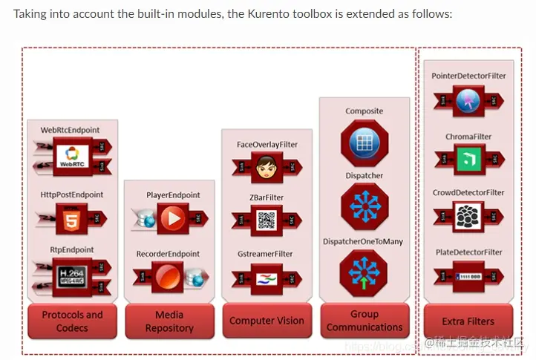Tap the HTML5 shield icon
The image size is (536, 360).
click(72, 219)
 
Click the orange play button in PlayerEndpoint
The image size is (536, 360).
click(172, 219)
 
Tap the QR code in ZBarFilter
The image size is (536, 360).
click(266, 220)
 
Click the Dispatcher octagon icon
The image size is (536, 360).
click(364, 206)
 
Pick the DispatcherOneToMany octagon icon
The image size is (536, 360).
click(364, 272)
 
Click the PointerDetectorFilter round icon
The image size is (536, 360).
click(468, 101)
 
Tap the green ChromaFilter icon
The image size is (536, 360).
click(468, 159)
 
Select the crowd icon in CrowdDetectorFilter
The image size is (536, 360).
click(468, 217)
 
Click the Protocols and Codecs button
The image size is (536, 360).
click(72, 321)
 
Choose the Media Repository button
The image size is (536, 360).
click(169, 321)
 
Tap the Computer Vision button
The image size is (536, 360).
click(267, 321)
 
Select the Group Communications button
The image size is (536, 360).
click(365, 321)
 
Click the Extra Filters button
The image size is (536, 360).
click(468, 321)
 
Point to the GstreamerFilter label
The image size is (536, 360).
click(265, 254)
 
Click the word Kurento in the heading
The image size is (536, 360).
click(226, 14)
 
